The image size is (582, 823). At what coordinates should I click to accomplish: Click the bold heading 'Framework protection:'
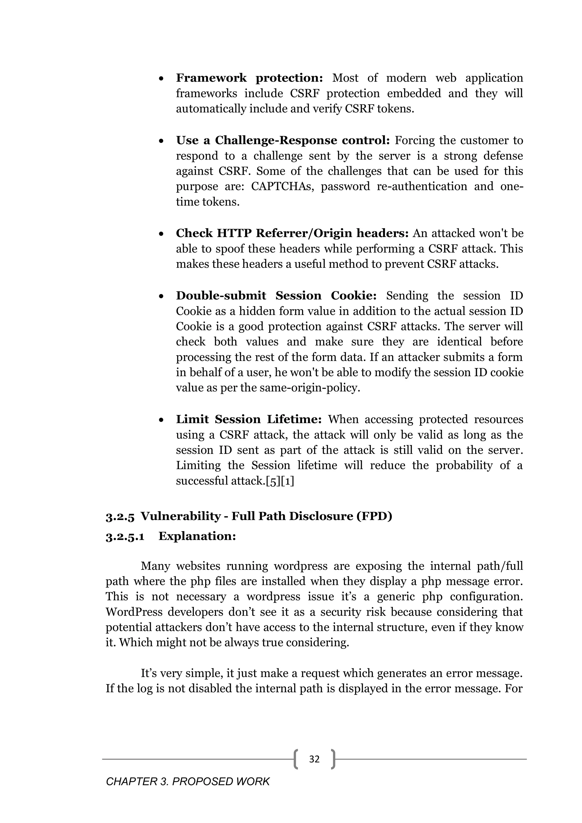tap(250, 78)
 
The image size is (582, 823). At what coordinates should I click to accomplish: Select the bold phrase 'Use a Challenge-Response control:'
tap(282, 140)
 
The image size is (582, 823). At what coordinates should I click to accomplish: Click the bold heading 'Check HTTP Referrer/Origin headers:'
tap(292, 233)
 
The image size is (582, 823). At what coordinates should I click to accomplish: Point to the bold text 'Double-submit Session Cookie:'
tap(276, 296)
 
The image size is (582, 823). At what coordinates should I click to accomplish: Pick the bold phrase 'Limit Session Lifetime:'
tap(249, 419)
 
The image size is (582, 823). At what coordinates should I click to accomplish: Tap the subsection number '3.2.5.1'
tap(125, 537)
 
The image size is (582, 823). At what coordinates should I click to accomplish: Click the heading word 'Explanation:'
tap(197, 536)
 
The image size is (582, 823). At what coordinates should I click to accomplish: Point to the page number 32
tap(314, 759)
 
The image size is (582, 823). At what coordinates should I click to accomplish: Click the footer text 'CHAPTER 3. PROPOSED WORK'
tap(188, 782)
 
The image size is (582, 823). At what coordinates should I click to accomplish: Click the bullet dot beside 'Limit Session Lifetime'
tap(162, 420)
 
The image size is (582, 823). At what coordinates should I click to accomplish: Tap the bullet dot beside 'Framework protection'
tap(162, 78)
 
